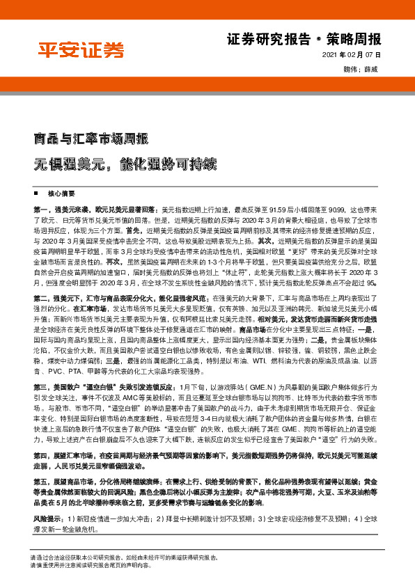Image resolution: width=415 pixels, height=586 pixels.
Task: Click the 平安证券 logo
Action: (81, 50)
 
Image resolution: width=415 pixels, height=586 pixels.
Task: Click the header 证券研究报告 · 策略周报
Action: (304, 39)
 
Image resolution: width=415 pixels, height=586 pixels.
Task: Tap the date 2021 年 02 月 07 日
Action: (352, 56)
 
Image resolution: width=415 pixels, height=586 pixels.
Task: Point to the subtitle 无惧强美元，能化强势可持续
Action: (125, 164)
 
